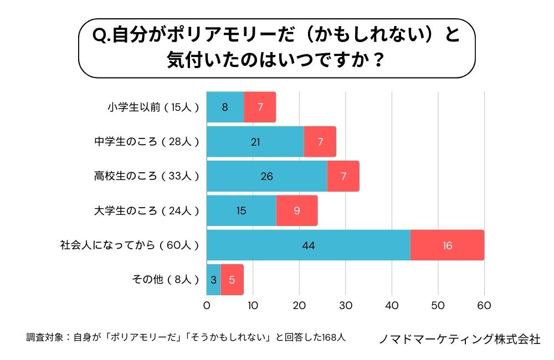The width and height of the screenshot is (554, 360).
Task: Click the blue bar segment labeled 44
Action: [308, 245]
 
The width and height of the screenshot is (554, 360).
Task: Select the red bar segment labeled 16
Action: [447, 245]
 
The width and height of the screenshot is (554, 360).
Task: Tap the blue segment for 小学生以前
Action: [225, 107]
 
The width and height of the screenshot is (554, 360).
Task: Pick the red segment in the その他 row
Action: [232, 280]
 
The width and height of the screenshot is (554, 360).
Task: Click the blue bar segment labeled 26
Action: [266, 176]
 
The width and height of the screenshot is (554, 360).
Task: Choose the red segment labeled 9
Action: [297, 210]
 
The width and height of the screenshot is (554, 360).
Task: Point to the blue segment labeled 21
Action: [255, 142]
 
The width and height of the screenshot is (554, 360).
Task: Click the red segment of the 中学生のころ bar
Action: [320, 142]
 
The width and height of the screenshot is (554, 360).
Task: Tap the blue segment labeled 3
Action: [213, 280]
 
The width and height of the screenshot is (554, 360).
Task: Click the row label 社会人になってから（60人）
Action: [129, 245]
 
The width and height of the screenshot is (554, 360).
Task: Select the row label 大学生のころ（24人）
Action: [146, 210]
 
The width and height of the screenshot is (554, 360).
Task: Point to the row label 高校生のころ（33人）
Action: [146, 176]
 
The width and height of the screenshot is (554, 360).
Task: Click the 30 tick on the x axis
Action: [346, 305]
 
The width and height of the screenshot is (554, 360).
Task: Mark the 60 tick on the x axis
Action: [484, 305]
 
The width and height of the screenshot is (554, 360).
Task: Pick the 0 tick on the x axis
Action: [207, 305]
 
